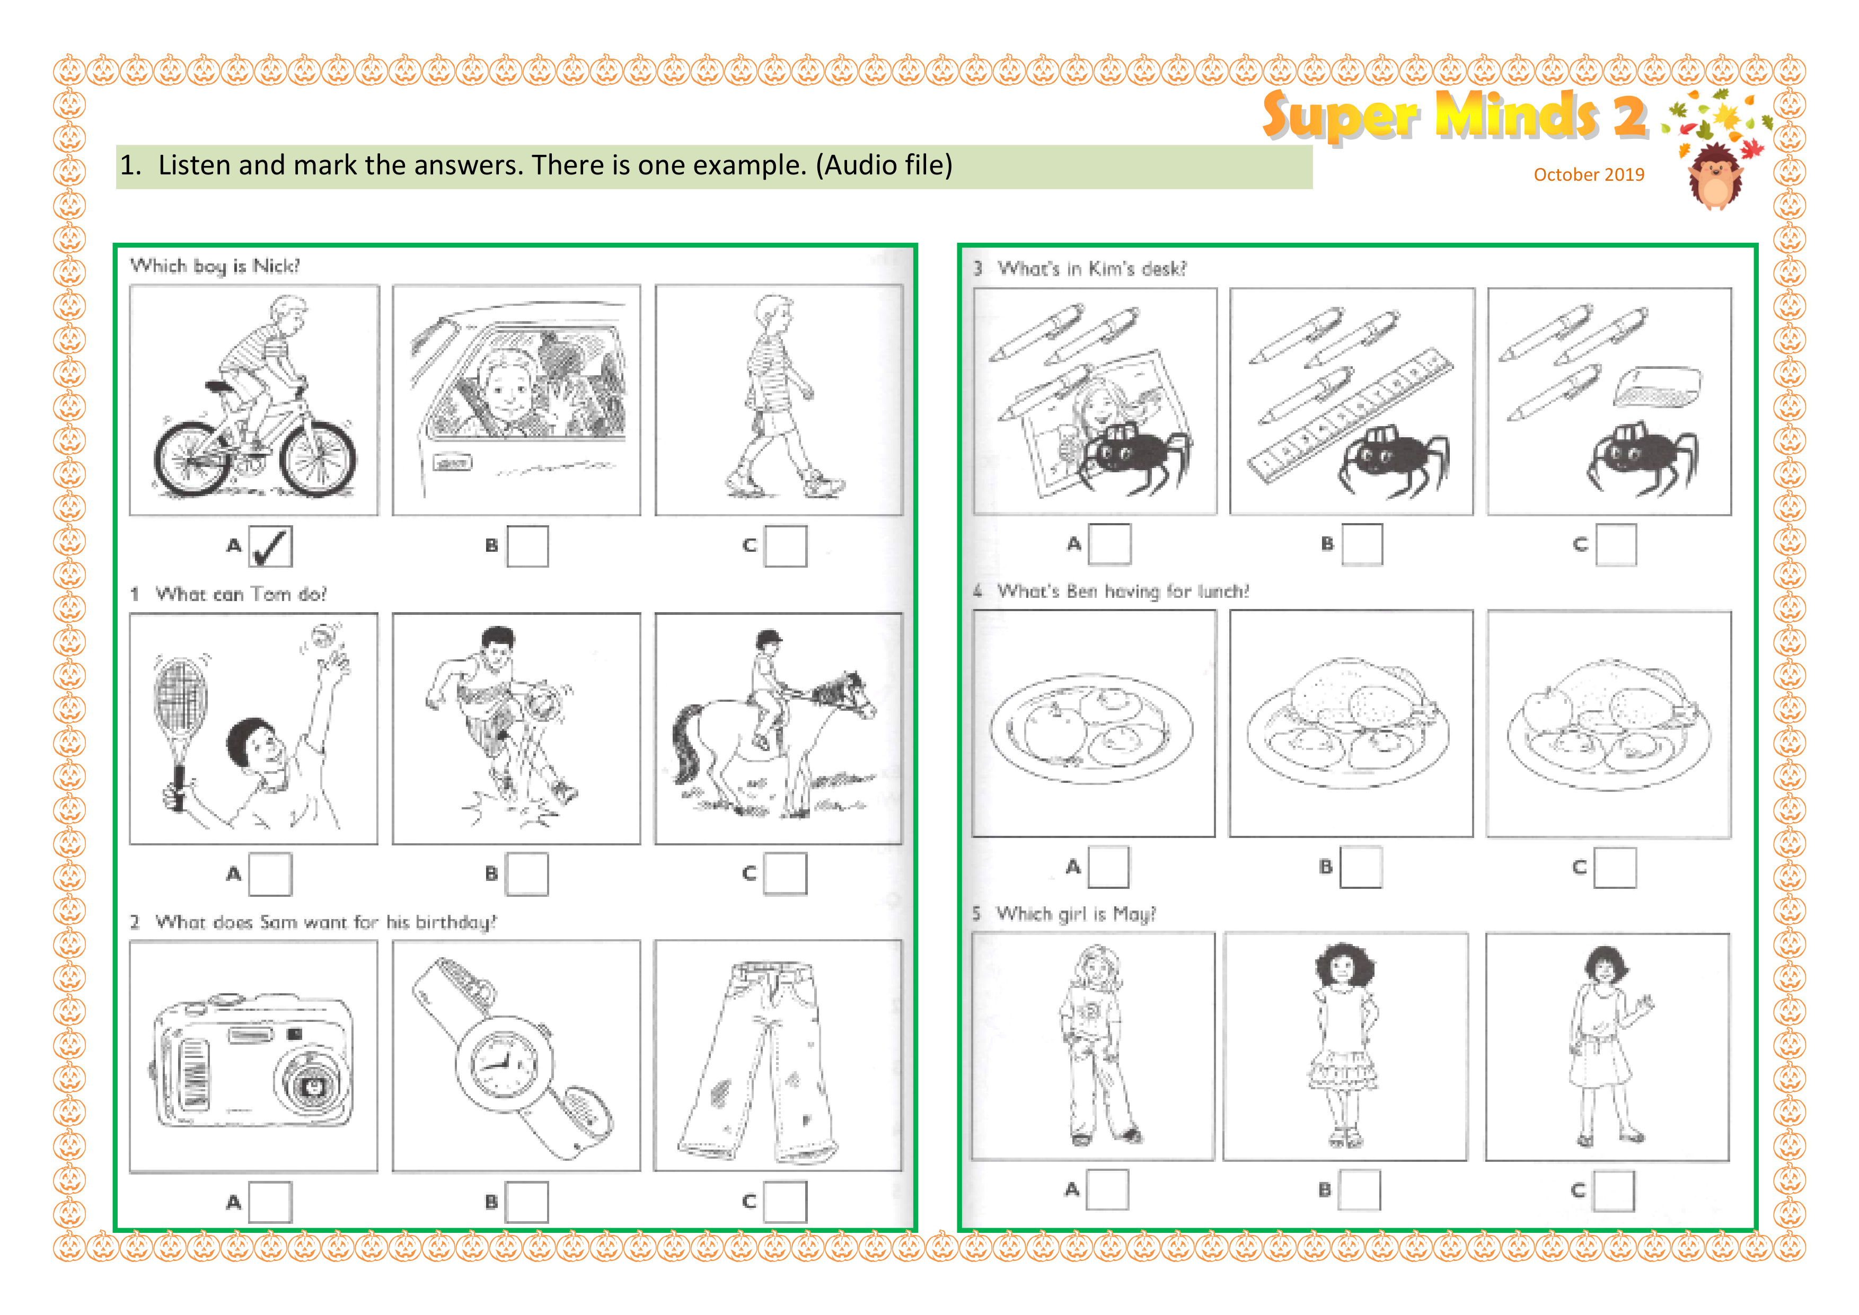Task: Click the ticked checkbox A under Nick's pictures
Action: (270, 546)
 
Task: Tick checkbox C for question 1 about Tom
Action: (786, 873)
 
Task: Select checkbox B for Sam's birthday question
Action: (527, 1202)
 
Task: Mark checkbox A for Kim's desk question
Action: (1109, 544)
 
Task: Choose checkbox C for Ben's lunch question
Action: (1615, 867)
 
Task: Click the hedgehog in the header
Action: (1715, 176)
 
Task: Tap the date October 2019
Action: (1589, 174)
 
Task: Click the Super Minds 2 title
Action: (1454, 115)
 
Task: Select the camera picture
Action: (253, 1057)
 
